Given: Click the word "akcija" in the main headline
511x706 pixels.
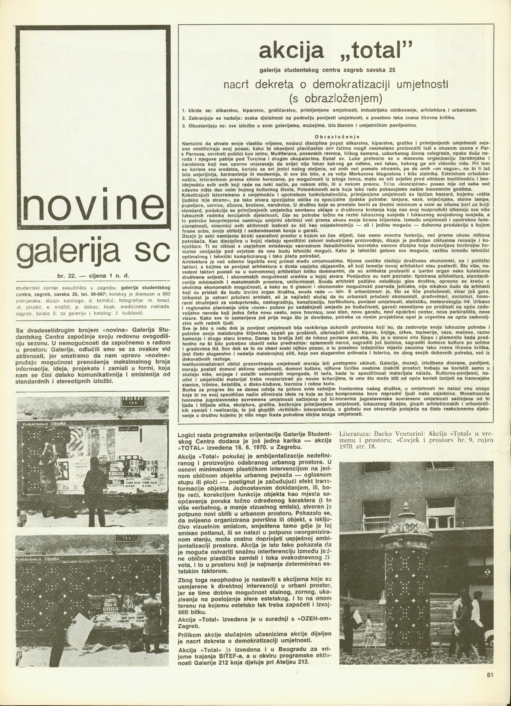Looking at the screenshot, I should click(291, 51).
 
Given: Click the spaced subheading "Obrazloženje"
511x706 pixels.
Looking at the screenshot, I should click(337, 137).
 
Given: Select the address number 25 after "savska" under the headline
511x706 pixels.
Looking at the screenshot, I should click(391, 70).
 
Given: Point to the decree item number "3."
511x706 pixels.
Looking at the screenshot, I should click(184, 125).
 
